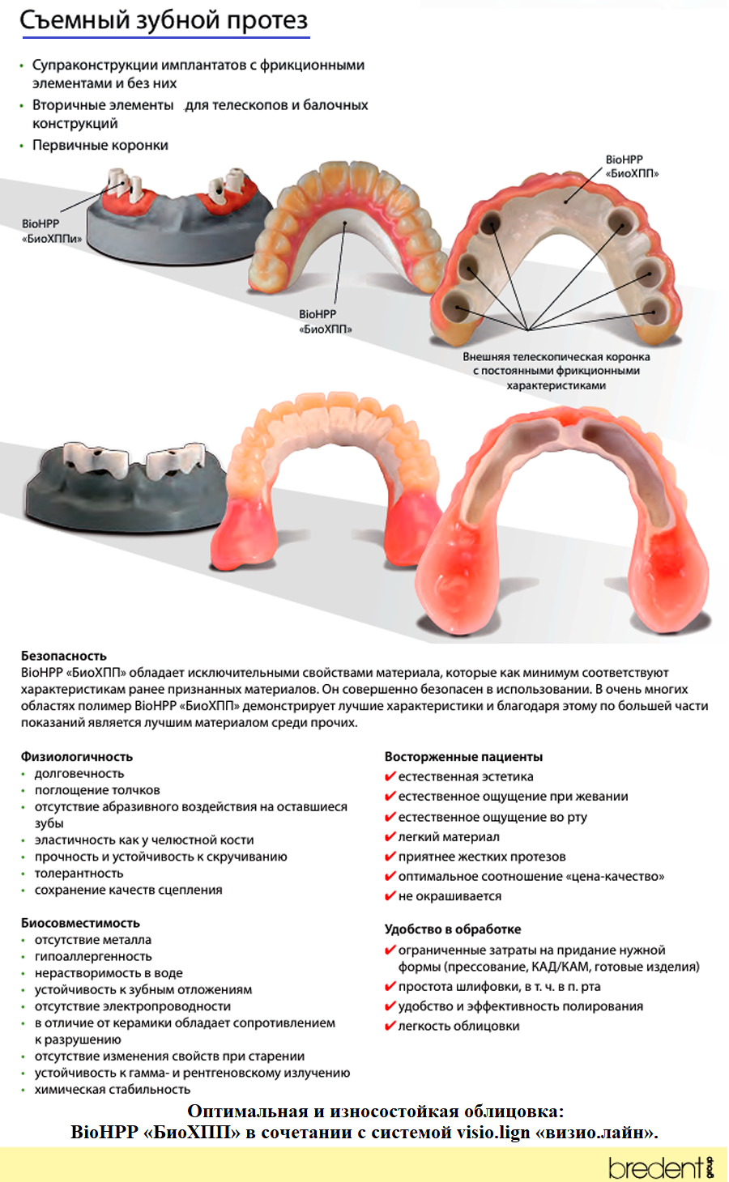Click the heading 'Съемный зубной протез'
(x=164, y=20)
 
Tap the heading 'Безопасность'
(x=64, y=656)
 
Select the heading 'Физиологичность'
(x=77, y=757)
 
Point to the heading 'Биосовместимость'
(x=81, y=923)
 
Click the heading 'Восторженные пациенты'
(x=463, y=757)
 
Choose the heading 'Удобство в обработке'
(x=453, y=929)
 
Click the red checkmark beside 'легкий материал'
(x=390, y=836)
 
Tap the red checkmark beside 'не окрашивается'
(x=390, y=895)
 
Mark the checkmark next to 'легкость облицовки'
(x=390, y=1026)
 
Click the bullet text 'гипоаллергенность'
(x=93, y=956)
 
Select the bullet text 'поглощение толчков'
(x=98, y=790)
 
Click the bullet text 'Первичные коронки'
(x=100, y=145)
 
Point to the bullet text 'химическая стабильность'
(x=113, y=1089)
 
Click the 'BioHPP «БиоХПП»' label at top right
(x=632, y=166)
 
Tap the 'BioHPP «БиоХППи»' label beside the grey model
(x=52, y=231)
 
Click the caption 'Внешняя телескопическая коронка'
(x=556, y=357)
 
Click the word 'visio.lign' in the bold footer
(x=493, y=1133)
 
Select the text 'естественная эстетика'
(x=466, y=776)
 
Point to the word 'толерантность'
(x=79, y=874)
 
